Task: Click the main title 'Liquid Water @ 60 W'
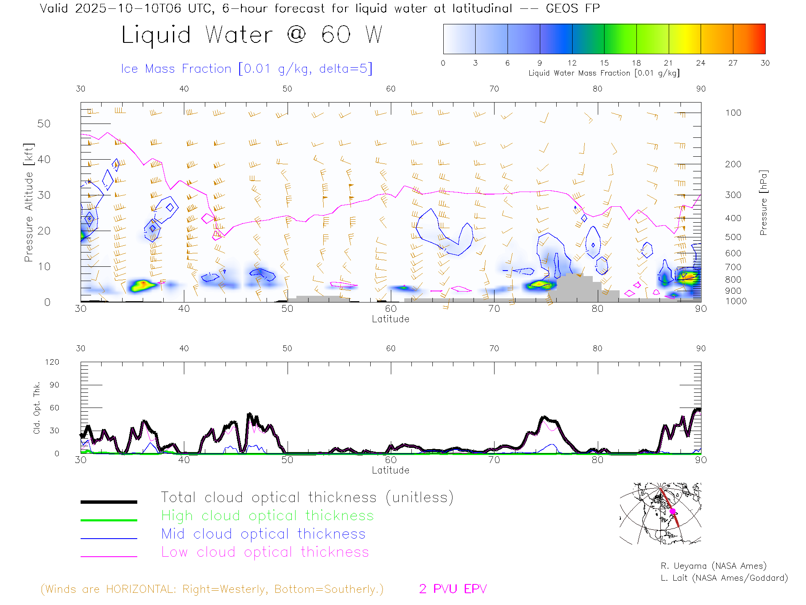[x=252, y=34]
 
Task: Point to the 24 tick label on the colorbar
[x=700, y=63]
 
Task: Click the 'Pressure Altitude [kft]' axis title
[x=29, y=203]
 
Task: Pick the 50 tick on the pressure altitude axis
[x=44, y=124]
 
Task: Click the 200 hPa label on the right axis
[x=733, y=164]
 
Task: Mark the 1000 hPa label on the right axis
[x=736, y=301]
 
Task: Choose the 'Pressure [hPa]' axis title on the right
[x=763, y=203]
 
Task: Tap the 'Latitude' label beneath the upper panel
[x=390, y=319]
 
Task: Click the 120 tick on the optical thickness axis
[x=52, y=362]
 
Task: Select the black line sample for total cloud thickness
[x=109, y=502]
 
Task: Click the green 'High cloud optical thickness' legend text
[x=267, y=516]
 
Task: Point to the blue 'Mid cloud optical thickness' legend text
[x=263, y=534]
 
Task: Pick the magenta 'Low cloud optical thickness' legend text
[x=265, y=552]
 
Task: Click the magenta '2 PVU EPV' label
[x=453, y=589]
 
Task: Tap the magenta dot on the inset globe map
[x=673, y=511]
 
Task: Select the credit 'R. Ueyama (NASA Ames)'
[x=713, y=566]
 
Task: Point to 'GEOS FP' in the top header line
[x=573, y=8]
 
